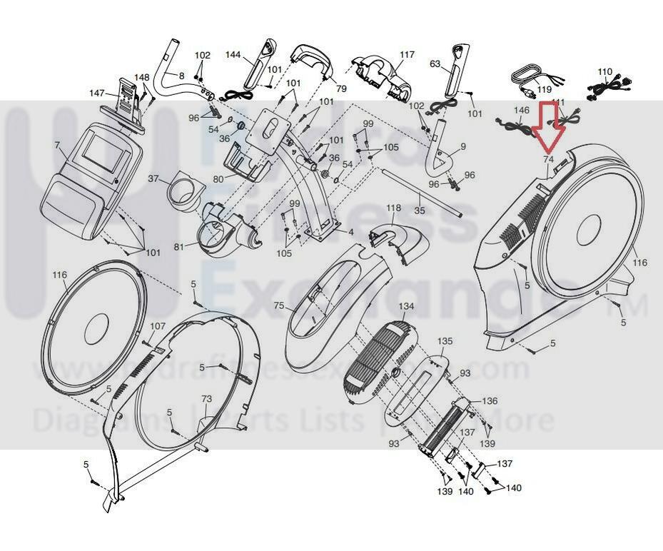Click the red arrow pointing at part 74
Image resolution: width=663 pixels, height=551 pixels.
click(548, 126)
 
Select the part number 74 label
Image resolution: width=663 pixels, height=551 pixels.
click(548, 159)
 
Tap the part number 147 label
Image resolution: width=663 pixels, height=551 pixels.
click(97, 93)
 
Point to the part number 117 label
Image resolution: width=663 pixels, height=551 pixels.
click(407, 55)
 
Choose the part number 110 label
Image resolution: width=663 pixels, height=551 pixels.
click(604, 72)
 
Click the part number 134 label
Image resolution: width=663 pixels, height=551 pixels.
click(406, 306)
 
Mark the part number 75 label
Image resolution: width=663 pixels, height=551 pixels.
click(278, 305)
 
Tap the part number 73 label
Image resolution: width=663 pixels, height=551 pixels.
click(206, 398)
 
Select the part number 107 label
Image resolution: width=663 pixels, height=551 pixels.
click(158, 326)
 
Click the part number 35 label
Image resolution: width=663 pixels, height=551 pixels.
click(420, 211)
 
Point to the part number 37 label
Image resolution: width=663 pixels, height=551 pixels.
click(153, 178)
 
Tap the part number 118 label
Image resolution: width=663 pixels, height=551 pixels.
click(394, 208)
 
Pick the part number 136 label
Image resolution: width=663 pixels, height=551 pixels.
click(490, 401)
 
